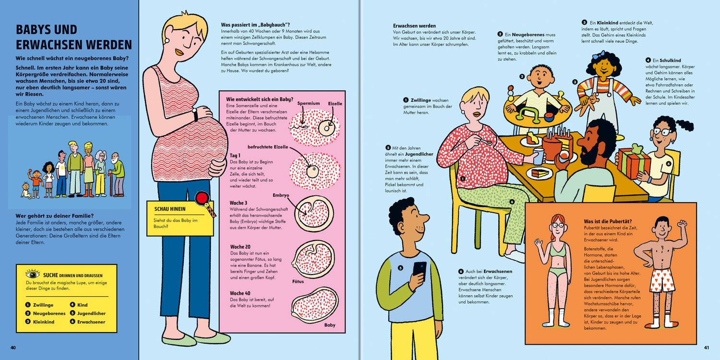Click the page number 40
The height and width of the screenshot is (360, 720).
click(13, 348)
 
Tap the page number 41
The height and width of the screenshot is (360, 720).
click(707, 348)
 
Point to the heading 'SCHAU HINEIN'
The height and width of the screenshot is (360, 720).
click(170, 209)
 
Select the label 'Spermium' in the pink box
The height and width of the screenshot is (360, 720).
click(308, 103)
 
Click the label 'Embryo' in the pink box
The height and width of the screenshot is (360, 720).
click(281, 195)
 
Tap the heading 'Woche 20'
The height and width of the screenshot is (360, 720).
click(240, 247)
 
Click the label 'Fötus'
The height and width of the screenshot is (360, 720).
click(298, 282)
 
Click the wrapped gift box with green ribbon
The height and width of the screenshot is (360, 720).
click(633, 162)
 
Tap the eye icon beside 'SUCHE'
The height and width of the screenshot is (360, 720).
click(33, 274)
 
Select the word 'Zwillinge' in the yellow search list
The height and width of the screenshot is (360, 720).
click(43, 305)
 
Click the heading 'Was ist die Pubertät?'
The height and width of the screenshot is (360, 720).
click(608, 221)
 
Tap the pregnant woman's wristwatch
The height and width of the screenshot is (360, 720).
click(195, 114)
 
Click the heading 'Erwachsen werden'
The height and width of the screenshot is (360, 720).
click(414, 26)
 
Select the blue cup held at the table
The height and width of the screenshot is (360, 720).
click(539, 156)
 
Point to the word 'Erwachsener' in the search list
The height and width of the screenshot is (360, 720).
click(91, 322)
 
